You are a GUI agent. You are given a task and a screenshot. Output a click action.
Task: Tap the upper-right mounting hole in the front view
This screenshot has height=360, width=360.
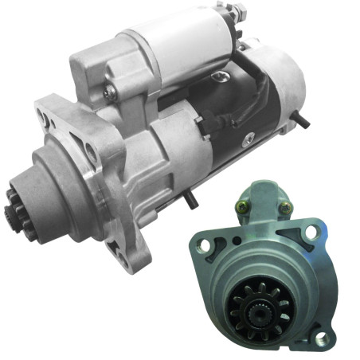311,232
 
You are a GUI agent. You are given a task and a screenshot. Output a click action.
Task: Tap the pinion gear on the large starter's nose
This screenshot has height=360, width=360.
15,208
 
